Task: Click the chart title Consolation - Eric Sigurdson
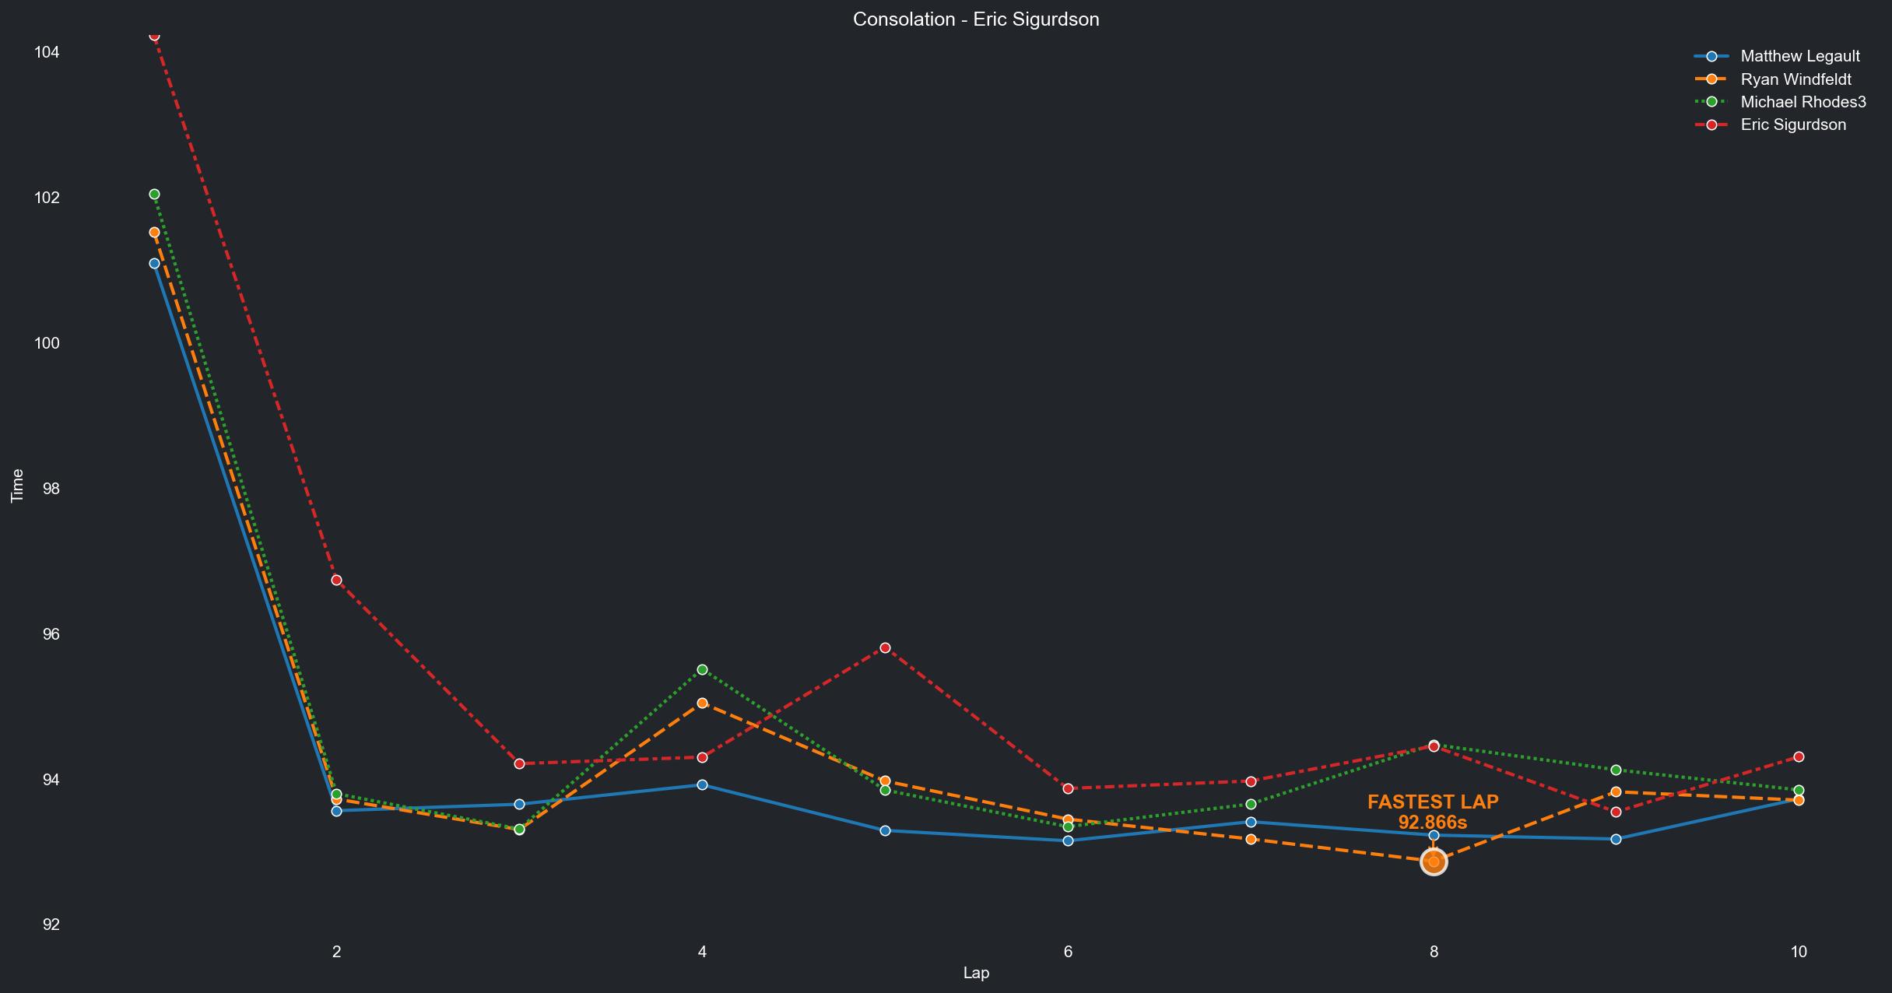[x=976, y=19]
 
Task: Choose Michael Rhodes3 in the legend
[x=1802, y=102]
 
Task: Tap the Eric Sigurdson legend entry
[x=1792, y=125]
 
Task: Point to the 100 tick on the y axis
[x=47, y=343]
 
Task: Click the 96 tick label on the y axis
[x=51, y=634]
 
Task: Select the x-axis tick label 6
[x=1068, y=951]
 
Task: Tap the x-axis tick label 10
[x=1799, y=951]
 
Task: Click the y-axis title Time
[x=17, y=486]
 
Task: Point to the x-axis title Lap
[x=976, y=973]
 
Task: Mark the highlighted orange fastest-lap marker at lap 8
[x=1434, y=861]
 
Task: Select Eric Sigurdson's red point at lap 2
[x=336, y=580]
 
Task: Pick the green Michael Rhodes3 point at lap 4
[x=702, y=669]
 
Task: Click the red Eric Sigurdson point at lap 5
[x=885, y=647]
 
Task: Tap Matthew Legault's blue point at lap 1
[x=154, y=263]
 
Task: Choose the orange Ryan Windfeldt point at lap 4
[x=702, y=703]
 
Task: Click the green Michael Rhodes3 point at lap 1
[x=154, y=194]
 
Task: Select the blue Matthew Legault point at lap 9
[x=1616, y=839]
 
